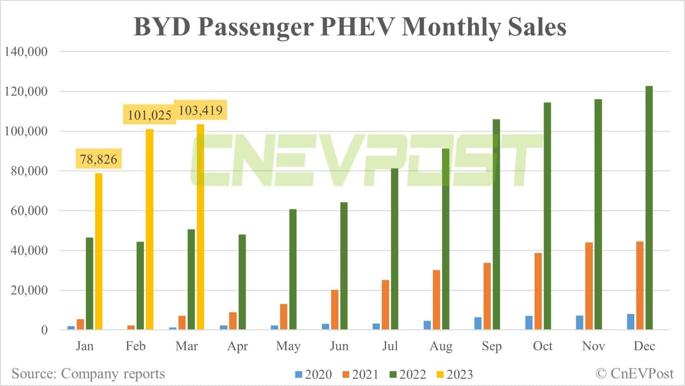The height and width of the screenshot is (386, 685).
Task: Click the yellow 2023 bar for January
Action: (99, 251)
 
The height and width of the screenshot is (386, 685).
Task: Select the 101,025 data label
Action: (149, 115)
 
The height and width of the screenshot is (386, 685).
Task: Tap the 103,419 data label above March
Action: (200, 110)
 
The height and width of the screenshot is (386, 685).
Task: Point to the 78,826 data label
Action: (99, 159)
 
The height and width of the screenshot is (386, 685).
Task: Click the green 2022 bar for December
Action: (649, 208)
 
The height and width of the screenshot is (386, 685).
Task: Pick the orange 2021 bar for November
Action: (589, 286)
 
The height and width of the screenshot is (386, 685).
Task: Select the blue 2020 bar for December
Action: (631, 322)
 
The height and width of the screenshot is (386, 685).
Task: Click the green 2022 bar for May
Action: (293, 270)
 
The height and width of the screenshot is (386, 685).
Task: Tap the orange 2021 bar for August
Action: (437, 300)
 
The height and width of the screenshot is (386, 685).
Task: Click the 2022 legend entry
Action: (408, 375)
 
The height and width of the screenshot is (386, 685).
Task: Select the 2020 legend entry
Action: (314, 375)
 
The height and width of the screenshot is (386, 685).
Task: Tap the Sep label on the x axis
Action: (492, 346)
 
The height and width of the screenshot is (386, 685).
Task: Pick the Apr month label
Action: (237, 346)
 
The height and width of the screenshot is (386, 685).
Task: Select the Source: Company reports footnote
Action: (88, 374)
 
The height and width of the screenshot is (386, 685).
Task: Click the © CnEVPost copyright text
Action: (635, 374)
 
